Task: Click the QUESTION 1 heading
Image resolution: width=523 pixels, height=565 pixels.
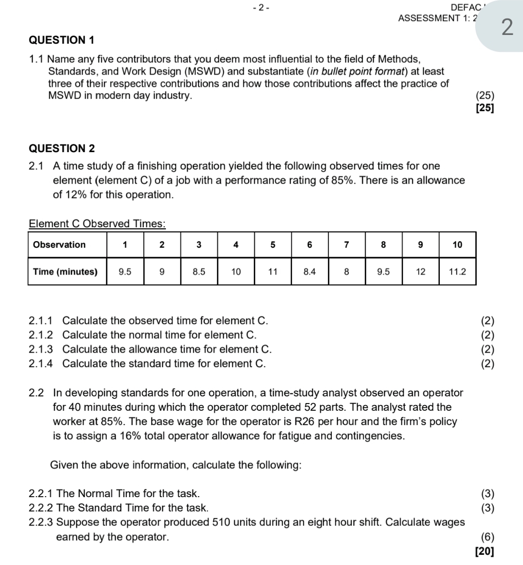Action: pyautogui.click(x=62, y=40)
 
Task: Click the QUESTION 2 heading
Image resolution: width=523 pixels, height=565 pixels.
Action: pyautogui.click(x=62, y=149)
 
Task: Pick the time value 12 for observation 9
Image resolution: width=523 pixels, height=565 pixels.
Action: pyautogui.click(x=420, y=272)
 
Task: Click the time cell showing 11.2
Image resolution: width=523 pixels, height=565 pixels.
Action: pyautogui.click(x=457, y=272)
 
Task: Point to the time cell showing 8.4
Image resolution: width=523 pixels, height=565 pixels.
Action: pyautogui.click(x=309, y=272)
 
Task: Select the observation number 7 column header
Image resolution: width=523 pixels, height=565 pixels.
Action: pyautogui.click(x=346, y=245)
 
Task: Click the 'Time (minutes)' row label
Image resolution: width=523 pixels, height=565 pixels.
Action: pyautogui.click(x=65, y=272)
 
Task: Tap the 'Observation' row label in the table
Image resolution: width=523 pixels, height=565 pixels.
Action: pyautogui.click(x=59, y=245)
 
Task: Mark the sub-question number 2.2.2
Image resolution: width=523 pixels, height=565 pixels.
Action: pyautogui.click(x=41, y=508)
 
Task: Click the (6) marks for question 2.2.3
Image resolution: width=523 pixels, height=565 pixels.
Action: pyautogui.click(x=488, y=537)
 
